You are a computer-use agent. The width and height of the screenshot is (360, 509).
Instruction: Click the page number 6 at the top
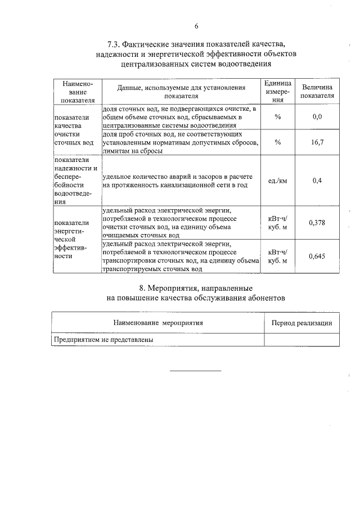pos(196,26)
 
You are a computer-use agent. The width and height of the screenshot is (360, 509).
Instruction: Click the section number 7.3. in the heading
pos(115,44)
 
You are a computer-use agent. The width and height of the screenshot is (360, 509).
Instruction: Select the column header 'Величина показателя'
pos(317,91)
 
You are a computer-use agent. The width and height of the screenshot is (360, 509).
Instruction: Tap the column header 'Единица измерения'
pos(277,91)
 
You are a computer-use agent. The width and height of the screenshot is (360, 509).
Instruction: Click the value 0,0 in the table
pos(317,116)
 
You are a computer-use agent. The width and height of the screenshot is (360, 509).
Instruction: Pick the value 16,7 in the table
pos(317,142)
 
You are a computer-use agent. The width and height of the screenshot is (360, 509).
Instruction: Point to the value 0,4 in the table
pos(317,181)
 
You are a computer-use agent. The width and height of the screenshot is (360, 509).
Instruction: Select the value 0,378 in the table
pos(317,222)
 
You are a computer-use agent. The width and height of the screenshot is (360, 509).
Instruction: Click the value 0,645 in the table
pos(317,256)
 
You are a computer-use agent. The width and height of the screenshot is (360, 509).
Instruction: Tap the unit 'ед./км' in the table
pos(277,181)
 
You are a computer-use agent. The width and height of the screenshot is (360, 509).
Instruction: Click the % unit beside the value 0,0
pos(277,116)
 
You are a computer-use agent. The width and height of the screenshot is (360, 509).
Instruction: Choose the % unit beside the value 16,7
pos(277,142)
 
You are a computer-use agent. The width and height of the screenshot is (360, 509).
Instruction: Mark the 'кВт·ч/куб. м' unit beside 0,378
pos(277,222)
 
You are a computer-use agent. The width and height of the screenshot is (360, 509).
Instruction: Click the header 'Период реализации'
pos(301,323)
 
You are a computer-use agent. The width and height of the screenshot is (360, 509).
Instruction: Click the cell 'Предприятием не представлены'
pos(103,340)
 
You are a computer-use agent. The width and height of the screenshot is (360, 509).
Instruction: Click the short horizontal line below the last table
pos(196,371)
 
